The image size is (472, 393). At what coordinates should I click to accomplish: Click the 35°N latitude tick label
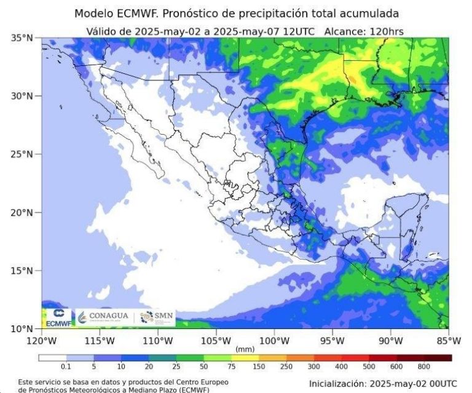21,38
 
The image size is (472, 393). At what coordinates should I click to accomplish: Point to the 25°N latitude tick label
21,154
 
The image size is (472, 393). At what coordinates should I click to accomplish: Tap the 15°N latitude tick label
21,271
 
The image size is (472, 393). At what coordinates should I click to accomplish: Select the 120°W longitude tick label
41,341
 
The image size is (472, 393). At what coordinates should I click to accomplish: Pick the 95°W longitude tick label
332,341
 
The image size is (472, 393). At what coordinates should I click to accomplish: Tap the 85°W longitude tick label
448,341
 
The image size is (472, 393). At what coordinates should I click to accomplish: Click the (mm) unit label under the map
245,349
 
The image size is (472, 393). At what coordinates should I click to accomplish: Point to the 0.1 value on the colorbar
65,367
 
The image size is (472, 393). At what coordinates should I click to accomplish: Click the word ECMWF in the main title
136,14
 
